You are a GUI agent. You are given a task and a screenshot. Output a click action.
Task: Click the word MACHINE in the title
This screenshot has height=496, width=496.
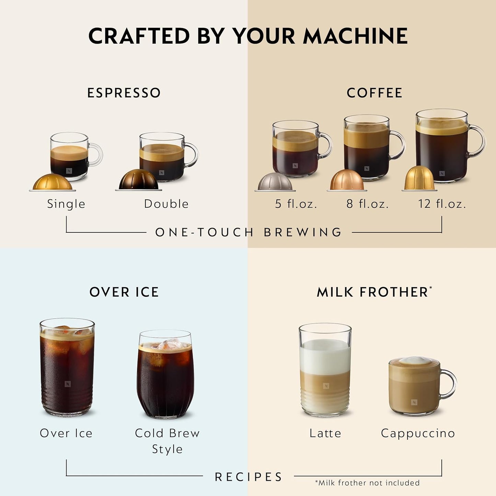tap(355, 36)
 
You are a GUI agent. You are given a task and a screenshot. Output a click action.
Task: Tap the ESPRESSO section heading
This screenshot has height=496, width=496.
tap(124, 93)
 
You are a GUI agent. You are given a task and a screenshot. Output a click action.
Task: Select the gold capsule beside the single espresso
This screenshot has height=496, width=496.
tap(53, 182)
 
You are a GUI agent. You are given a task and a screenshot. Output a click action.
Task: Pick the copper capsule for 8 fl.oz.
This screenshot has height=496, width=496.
tap(347, 181)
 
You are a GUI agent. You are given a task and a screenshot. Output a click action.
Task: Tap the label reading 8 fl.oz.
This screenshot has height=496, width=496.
tap(367, 204)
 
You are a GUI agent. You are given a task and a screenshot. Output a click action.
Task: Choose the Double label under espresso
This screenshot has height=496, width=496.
tap(166, 204)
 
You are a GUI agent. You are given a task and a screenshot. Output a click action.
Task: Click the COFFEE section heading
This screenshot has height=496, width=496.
tap(374, 93)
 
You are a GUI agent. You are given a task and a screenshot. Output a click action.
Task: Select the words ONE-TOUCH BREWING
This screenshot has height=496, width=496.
tap(249, 232)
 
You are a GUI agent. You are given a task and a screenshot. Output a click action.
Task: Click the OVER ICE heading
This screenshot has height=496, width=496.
tap(124, 292)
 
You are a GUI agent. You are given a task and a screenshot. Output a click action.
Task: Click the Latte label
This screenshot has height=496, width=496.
tap(325, 433)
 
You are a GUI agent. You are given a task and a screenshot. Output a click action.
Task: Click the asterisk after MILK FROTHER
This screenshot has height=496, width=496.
tap(430, 288)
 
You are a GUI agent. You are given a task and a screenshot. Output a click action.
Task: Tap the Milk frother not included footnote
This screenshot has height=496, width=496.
tap(367, 483)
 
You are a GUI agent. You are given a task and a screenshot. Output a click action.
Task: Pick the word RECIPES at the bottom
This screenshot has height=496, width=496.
tap(249, 477)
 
